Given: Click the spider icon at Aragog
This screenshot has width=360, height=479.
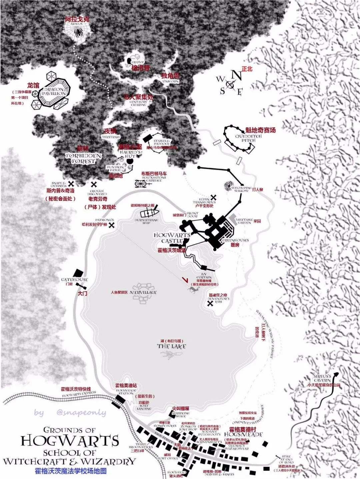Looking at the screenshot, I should [x=79, y=33].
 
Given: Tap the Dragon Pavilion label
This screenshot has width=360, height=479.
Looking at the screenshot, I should [x=54, y=91].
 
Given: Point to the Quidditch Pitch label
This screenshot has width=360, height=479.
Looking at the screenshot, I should [x=248, y=138].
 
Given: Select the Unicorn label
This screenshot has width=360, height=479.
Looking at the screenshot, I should [x=170, y=81].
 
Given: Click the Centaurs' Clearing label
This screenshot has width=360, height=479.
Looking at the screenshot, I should [x=139, y=103].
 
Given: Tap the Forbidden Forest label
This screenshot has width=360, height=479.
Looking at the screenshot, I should [x=83, y=158].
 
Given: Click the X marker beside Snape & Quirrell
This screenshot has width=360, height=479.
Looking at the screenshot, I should [x=71, y=184].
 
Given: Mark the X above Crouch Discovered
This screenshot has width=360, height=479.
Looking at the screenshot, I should [x=94, y=184].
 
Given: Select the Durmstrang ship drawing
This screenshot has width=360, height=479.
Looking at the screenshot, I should [x=149, y=212].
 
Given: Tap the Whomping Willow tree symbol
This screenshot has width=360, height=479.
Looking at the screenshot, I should [x=229, y=185].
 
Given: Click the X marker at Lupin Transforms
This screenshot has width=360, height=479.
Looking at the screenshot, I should [x=213, y=197].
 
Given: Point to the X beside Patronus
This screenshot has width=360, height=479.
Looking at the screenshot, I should [x=112, y=225].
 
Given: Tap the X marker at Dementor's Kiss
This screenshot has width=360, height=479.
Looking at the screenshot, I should [x=210, y=303].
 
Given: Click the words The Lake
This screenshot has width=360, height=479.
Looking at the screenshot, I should [x=171, y=347].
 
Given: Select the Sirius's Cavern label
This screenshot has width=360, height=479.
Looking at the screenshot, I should [x=322, y=378].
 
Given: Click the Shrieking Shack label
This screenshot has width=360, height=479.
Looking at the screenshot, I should [x=181, y=415].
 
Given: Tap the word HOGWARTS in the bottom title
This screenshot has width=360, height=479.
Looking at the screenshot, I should [x=70, y=441].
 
